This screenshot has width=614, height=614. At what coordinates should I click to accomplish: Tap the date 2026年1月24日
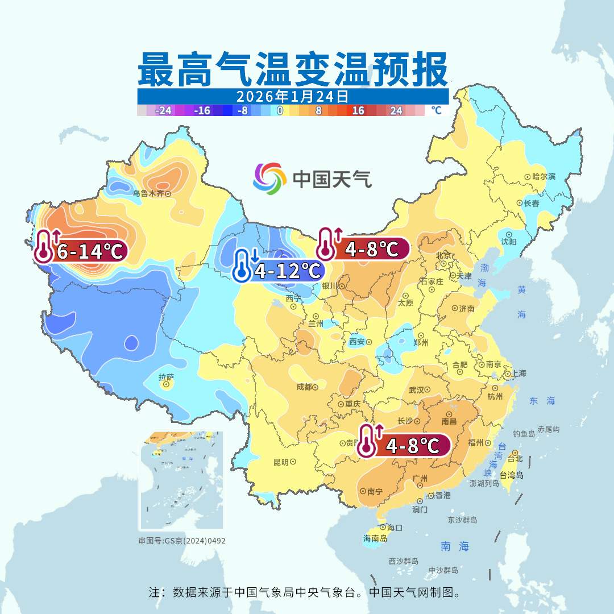click(x=293, y=96)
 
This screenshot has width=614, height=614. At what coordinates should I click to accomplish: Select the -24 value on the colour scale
click(x=164, y=111)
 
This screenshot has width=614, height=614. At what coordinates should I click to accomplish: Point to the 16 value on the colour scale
click(x=358, y=111)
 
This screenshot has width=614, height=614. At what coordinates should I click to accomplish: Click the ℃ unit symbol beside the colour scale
click(x=436, y=111)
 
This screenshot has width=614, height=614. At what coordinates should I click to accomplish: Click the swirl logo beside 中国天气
click(x=269, y=178)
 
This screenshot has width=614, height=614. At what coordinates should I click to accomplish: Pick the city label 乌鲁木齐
click(x=148, y=193)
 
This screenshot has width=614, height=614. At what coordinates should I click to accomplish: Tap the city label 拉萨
click(x=166, y=377)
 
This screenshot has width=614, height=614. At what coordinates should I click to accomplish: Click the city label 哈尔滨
click(x=544, y=177)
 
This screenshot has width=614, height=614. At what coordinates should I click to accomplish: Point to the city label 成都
click(x=304, y=387)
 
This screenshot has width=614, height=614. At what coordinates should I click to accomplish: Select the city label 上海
click(x=518, y=374)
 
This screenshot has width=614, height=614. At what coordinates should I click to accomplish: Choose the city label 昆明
click(x=281, y=462)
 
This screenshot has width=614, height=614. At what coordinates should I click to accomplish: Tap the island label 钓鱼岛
click(x=524, y=434)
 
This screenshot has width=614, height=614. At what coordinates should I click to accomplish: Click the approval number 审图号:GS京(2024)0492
click(x=182, y=541)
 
